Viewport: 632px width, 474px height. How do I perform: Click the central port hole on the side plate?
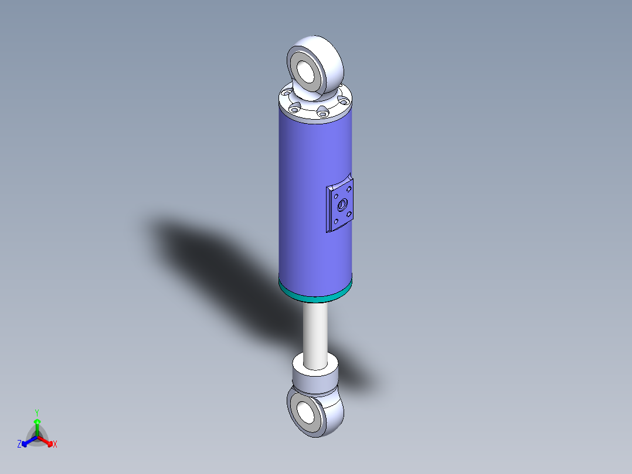(341, 206)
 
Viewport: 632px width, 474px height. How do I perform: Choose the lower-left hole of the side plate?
(335, 222)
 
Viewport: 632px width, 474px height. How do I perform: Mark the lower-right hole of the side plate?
(349, 215)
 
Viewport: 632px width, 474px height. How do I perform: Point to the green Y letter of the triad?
(36, 412)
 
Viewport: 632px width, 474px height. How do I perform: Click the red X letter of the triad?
(55, 445)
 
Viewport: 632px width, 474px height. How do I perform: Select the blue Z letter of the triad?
(19, 445)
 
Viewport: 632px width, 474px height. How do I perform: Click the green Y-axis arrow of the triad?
(36, 425)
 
